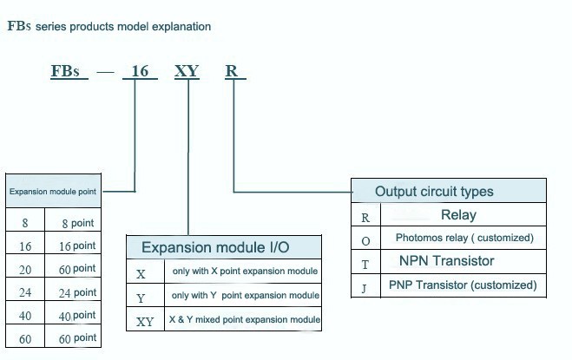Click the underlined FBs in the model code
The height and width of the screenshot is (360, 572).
(69, 71)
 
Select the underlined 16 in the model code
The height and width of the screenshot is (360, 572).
(141, 71)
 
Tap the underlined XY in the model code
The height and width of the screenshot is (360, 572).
(187, 71)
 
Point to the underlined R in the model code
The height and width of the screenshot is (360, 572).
(232, 71)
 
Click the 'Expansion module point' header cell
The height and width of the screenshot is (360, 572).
(53, 191)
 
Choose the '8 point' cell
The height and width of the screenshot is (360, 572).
(77, 223)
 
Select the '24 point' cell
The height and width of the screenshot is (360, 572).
(77, 293)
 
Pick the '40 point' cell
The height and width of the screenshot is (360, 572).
(77, 316)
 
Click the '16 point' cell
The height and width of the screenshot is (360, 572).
(77, 246)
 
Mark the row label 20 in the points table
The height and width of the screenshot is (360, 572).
(25, 270)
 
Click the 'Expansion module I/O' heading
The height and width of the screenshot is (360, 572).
(215, 248)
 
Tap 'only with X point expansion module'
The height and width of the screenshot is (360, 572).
(244, 272)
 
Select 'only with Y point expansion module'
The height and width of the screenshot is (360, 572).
(246, 296)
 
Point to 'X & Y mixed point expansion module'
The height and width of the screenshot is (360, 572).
(246, 320)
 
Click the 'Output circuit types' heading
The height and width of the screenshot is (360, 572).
(434, 192)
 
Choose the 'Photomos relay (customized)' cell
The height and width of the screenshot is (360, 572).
(464, 238)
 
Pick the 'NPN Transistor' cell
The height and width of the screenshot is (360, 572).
(447, 261)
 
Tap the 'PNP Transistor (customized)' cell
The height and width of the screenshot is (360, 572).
(463, 285)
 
